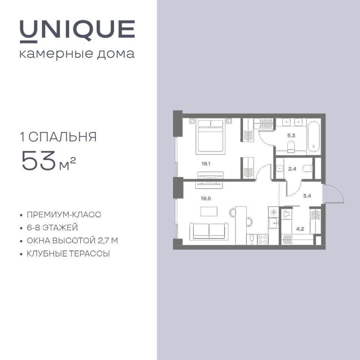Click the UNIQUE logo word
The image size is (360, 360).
coord(77,31)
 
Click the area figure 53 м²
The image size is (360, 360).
coord(49,161)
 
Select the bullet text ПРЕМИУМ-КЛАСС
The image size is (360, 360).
coord(64,214)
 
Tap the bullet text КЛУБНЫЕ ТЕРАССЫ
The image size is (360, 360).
coord(68,254)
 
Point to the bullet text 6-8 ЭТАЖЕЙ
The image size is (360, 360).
coord(52,228)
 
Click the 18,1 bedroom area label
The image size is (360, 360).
coord(206,164)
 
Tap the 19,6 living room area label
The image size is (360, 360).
coord(206,198)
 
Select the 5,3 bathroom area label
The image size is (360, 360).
coord(291,135)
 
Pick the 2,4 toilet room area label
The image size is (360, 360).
coord(292,169)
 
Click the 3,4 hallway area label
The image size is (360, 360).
coord(307,196)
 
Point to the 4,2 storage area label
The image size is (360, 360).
coord(300,229)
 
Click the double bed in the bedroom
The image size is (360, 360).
coord(210,137)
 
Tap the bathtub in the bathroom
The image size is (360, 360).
coord(313,137)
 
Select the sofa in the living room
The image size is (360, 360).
coord(209,231)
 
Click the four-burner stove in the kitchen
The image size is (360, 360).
coord(263,239)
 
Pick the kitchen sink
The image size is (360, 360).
coord(273,222)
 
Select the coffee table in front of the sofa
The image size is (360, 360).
coord(209,211)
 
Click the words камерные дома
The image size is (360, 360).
coord(77,54)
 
